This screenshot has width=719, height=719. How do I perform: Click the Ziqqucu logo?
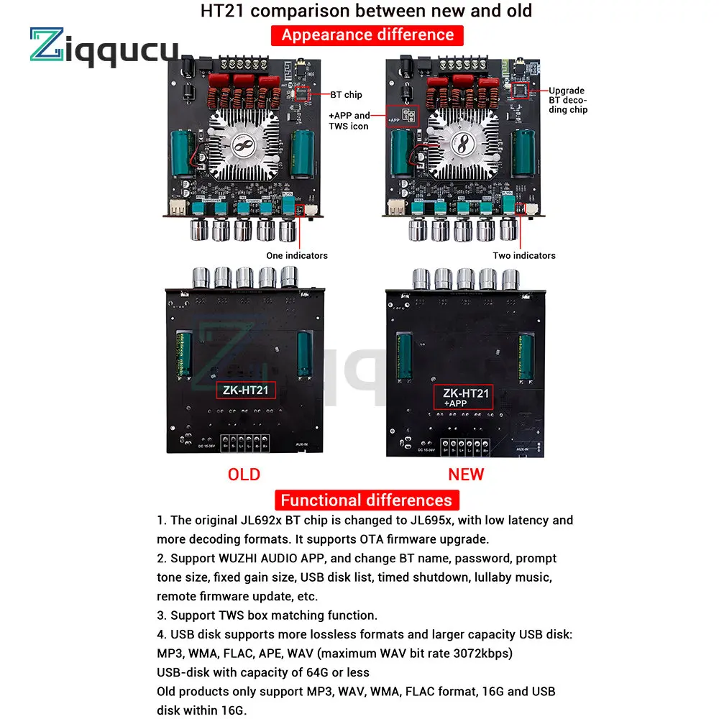(x=104, y=48)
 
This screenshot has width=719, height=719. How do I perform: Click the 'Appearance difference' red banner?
(x=367, y=35)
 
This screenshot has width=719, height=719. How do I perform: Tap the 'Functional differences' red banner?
(x=366, y=500)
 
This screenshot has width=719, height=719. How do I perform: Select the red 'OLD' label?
(x=244, y=474)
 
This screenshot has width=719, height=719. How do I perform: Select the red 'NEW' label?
(x=466, y=474)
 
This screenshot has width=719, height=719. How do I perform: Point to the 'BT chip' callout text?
(x=347, y=94)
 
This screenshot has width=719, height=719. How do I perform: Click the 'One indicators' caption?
(x=297, y=255)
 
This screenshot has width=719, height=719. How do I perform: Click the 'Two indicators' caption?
(x=524, y=255)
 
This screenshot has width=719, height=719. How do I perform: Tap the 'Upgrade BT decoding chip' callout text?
(x=568, y=100)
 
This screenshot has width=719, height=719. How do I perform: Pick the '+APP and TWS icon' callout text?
(x=349, y=120)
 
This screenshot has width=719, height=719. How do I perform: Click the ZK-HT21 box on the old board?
(x=247, y=390)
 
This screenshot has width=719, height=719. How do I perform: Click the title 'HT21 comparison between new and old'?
(x=367, y=11)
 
